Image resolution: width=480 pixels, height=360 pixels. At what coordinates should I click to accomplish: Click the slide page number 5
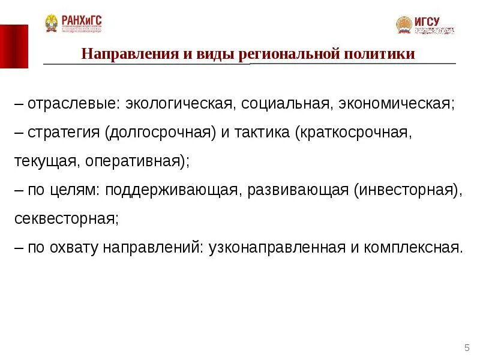coord(467,348)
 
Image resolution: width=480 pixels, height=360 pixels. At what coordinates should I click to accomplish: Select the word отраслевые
coord(74,104)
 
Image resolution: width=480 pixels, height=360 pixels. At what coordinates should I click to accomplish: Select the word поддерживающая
coord(174,190)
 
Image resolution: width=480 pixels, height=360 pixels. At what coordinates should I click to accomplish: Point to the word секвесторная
coord(64,219)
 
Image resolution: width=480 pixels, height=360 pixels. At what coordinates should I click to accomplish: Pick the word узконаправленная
coord(275,248)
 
